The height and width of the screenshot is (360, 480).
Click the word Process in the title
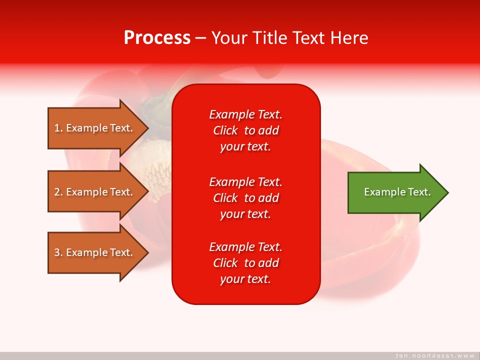coord(157,38)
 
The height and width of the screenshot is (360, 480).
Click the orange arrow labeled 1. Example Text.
coord(98,128)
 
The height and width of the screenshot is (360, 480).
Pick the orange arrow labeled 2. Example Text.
coord(98,191)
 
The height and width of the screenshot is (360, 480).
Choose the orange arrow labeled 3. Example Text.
coord(98,252)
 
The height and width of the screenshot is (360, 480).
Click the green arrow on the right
coord(398,192)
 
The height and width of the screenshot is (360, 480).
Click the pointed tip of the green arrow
coord(448,192)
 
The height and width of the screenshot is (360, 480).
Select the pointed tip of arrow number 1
coord(148,128)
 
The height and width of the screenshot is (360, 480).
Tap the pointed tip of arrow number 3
coord(148,252)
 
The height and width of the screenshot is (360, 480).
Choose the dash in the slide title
coord(201,38)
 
